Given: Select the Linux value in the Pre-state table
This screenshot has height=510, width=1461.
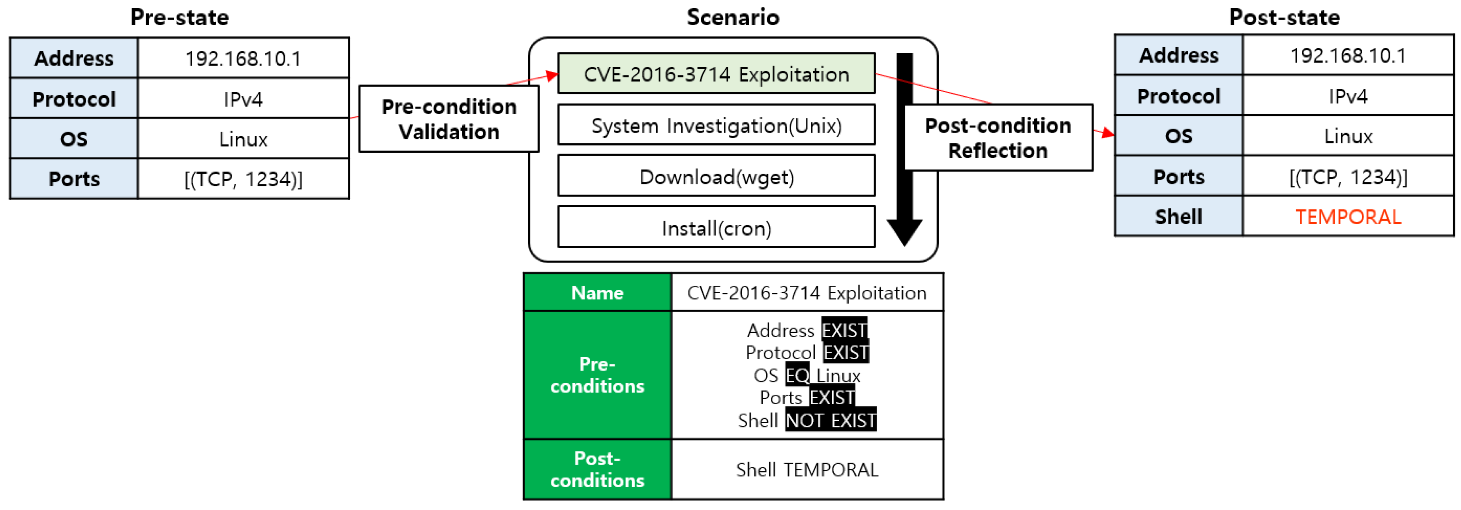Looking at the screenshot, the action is pos(243,139).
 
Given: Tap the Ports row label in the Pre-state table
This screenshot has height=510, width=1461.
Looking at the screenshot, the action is pos(74,179).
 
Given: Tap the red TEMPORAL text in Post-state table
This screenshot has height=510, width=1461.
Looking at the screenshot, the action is pos(1348,217).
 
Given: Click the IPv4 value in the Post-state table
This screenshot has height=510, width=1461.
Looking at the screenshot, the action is pos(1348,96).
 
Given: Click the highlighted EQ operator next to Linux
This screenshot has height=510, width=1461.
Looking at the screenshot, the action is pos(797,375).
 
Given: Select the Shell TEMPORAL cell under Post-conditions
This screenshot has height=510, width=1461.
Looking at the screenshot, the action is pos(806,469).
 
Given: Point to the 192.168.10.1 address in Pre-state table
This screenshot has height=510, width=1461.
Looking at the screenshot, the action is pos(243,58).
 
